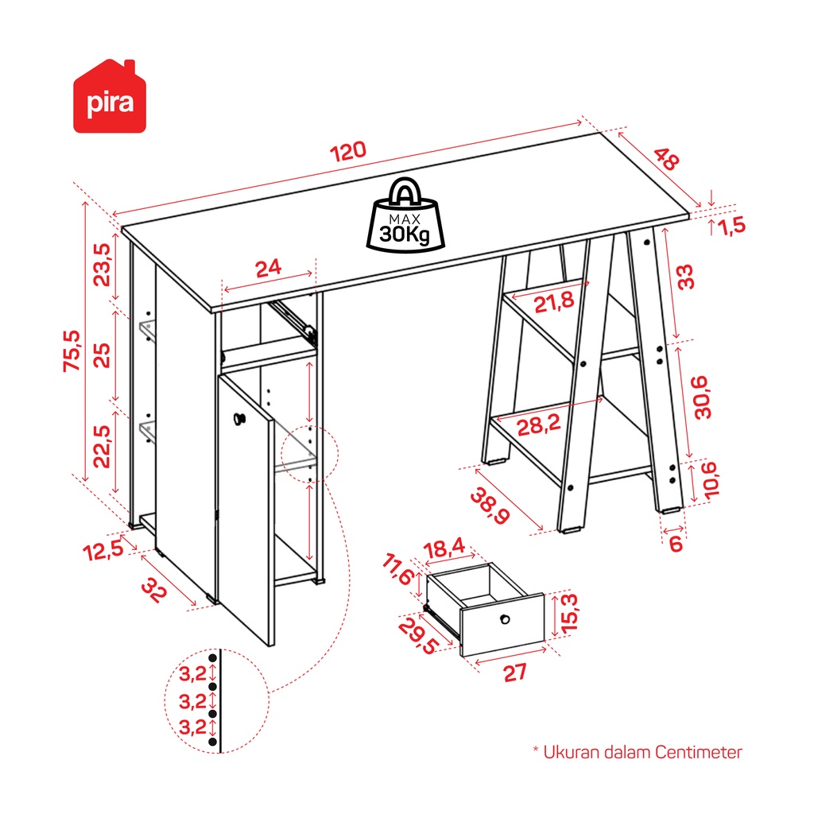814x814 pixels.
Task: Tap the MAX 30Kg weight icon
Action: coord(405,215)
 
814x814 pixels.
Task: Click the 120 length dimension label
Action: coord(348,151)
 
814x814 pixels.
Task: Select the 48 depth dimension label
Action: coord(665,159)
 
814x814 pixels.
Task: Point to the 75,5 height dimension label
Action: coord(72,351)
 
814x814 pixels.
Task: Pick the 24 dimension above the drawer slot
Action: coord(269,269)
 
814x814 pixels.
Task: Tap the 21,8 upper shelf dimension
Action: coord(554,302)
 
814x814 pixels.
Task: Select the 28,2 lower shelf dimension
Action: coord(539,426)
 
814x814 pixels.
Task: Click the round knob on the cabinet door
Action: coord(239,418)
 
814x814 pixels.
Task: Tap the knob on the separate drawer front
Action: coord(505,618)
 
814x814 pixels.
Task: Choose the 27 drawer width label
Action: coord(515,673)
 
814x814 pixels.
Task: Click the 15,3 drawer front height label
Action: coord(569,613)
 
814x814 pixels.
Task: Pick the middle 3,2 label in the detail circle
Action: coord(192,702)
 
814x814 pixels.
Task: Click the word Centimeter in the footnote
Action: coord(698,752)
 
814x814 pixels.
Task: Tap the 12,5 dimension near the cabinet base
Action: coord(103,550)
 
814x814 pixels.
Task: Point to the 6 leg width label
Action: coord(676,544)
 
